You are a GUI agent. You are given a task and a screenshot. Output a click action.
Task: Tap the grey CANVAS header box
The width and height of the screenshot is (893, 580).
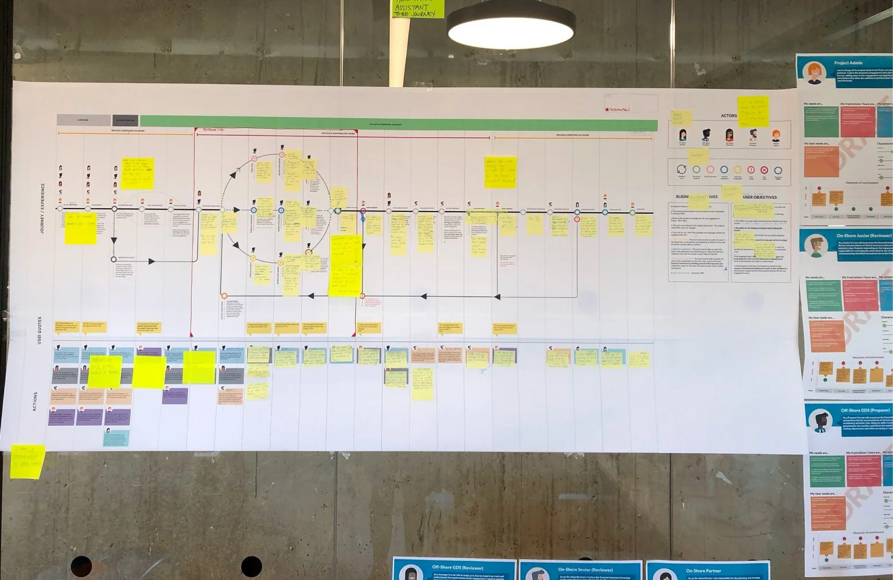pyautogui.click(x=83, y=120)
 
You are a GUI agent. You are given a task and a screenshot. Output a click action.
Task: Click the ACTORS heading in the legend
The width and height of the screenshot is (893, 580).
pyautogui.click(x=729, y=116)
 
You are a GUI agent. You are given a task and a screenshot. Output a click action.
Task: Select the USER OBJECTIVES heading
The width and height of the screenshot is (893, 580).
pyautogui.click(x=760, y=197)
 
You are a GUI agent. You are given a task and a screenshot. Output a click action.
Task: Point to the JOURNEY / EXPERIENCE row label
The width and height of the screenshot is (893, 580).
pyautogui.click(x=42, y=209)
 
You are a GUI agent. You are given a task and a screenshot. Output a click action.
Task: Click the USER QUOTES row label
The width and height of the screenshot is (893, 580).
pyautogui.click(x=40, y=330)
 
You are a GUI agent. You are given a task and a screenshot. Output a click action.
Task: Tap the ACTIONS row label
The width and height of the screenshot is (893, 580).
pyautogui.click(x=35, y=401)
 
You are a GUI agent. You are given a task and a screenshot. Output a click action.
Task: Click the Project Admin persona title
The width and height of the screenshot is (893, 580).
pyautogui.click(x=848, y=63)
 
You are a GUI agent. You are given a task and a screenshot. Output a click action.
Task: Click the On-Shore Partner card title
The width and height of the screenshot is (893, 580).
pyautogui.click(x=703, y=571)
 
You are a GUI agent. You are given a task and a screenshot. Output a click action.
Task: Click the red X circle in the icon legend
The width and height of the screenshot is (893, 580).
pyautogui.click(x=764, y=170)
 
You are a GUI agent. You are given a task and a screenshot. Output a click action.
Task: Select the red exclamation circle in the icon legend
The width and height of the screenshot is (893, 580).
pyautogui.click(x=750, y=170)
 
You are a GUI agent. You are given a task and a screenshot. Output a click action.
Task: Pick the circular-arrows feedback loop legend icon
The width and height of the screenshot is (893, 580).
pyautogui.click(x=682, y=170)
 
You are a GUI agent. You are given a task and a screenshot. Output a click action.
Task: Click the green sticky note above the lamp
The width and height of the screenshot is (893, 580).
pyautogui.click(x=418, y=8)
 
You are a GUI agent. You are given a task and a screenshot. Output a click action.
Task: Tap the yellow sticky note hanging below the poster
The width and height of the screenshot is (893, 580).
pyautogui.click(x=27, y=461)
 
